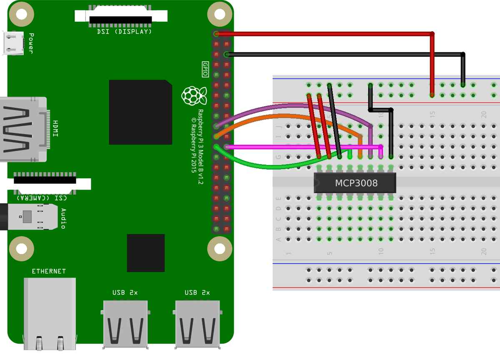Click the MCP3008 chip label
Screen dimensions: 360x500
pyautogui.click(x=356, y=183)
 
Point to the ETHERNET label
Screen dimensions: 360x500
pyautogui.click(x=49, y=271)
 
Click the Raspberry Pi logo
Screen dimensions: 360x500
pyautogui.click(x=194, y=96)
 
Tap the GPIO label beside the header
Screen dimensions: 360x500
pyautogui.click(x=205, y=69)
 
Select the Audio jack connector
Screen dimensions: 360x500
pyautogui.click(x=29, y=217)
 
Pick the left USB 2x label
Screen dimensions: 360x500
pyautogui.click(x=125, y=292)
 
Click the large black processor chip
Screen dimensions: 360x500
pyautogui.click(x=140, y=112)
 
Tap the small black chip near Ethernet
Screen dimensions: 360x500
pyautogui.click(x=145, y=252)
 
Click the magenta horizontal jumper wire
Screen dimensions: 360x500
pyautogui.click(x=304, y=147)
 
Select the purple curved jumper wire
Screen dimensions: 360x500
pyautogui.click(x=292, y=106)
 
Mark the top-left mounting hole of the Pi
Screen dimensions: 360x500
pyautogui.click(x=19, y=15)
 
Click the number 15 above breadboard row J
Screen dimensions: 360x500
pyautogui.click(x=432, y=113)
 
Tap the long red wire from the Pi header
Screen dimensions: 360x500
pyautogui.click(x=325, y=34)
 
